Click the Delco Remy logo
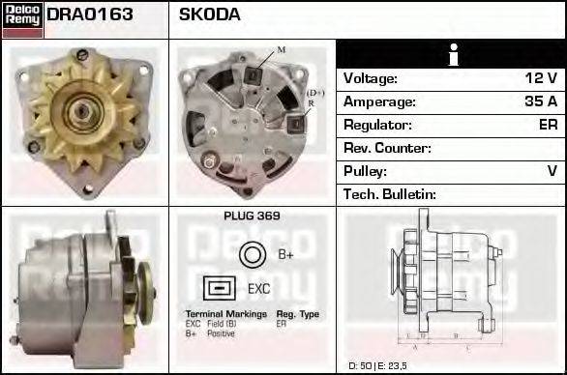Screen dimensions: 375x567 point(22,19)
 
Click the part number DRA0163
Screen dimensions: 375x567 point(89,15)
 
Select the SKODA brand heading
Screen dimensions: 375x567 point(210,15)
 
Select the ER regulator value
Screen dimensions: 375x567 point(548,125)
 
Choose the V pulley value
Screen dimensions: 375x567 point(552,171)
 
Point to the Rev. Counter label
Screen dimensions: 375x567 point(387,148)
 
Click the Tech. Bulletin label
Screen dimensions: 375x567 point(391,194)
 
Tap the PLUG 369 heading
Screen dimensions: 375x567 point(253,216)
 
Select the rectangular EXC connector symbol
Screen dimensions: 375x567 point(220,288)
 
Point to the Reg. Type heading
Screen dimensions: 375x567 point(297,315)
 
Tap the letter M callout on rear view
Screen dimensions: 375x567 point(282,48)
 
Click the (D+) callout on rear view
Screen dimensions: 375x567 point(315,93)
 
